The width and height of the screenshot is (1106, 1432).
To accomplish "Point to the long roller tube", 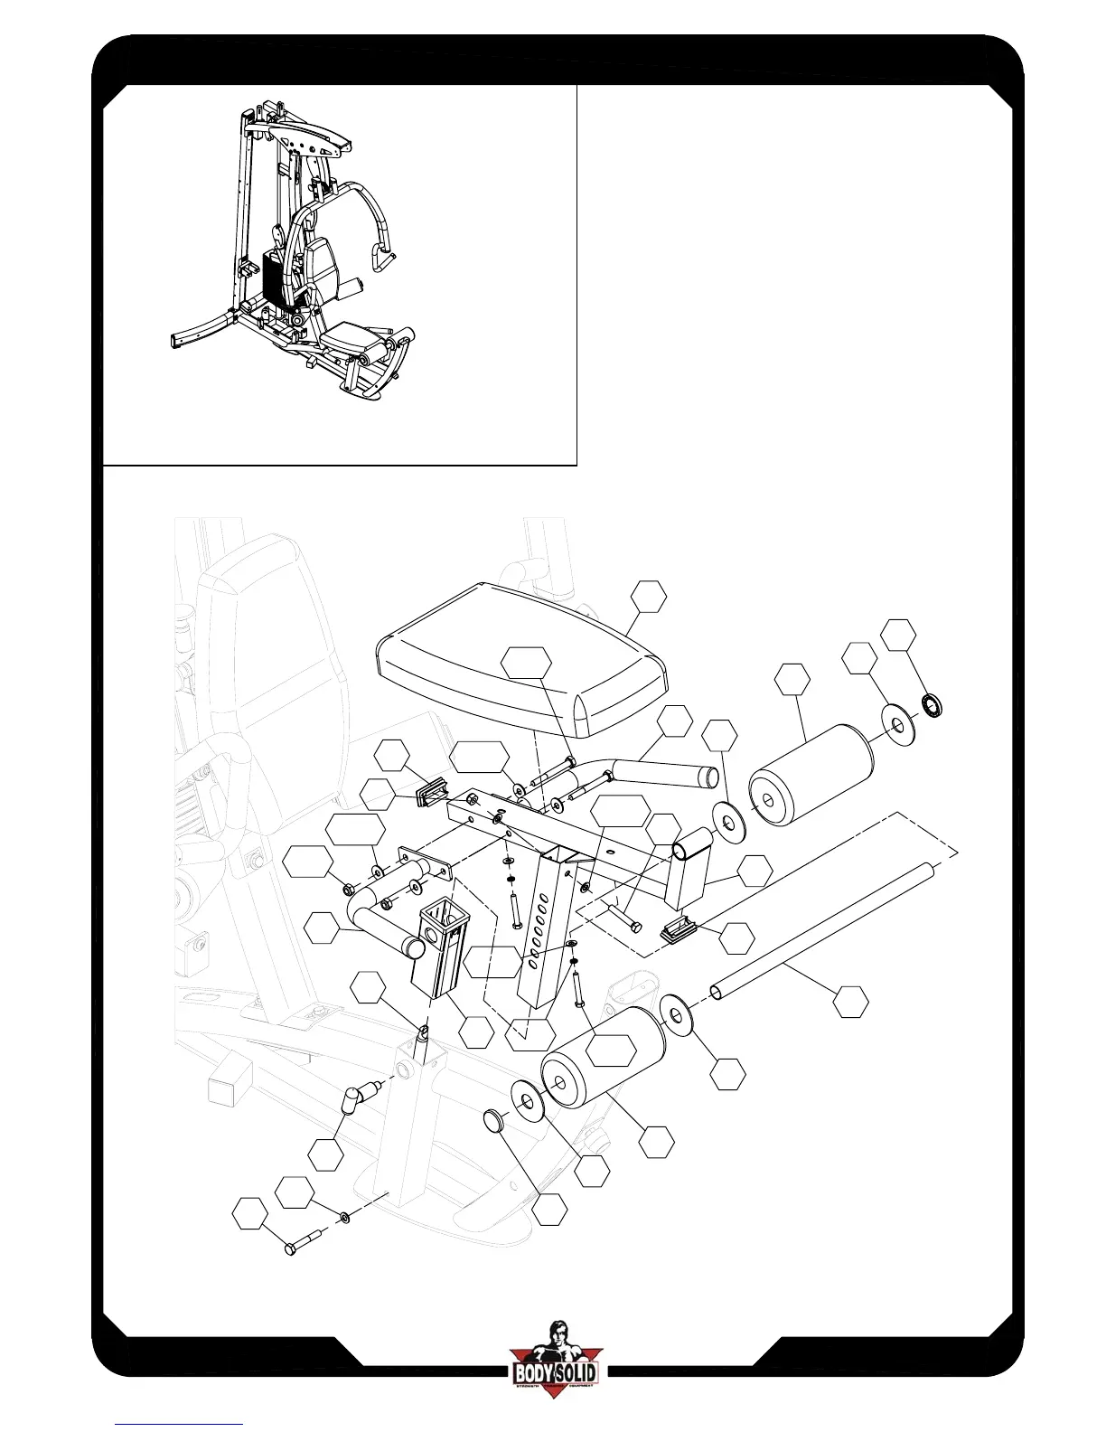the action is click(x=822, y=930).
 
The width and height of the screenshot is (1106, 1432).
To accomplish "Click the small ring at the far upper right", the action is click(x=931, y=702).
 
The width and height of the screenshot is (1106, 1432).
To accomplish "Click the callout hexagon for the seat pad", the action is click(x=649, y=597).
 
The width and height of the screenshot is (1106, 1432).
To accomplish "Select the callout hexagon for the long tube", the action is click(x=850, y=1002).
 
